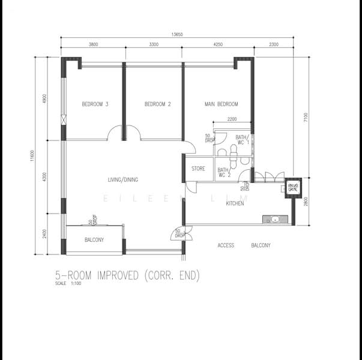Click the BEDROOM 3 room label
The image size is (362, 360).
click(95, 104)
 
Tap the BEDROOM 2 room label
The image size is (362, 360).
click(158, 104)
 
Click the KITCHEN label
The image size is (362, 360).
click(235, 204)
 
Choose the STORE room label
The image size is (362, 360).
click(198, 169)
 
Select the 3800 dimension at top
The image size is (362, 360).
click(93, 45)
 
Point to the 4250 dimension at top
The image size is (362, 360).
click(218, 45)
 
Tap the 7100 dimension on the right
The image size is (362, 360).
click(306, 118)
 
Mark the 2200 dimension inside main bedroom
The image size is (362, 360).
click(232, 120)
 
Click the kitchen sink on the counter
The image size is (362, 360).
click(275, 220)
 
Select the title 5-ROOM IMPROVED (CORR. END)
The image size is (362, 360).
click(127, 275)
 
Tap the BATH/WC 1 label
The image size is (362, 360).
click(242, 140)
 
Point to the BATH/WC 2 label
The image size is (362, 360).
click(223, 173)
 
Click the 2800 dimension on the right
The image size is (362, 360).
click(306, 202)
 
